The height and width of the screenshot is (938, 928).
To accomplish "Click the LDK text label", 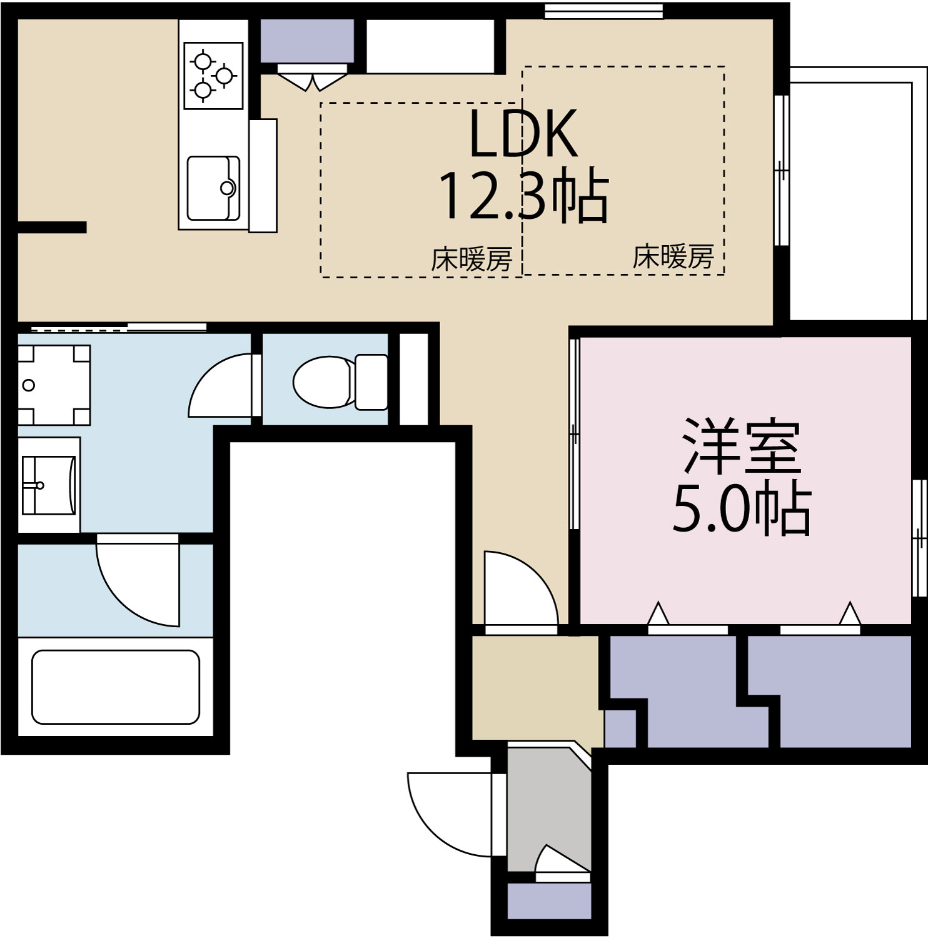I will [x=523, y=134].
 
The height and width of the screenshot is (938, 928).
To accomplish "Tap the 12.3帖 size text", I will [x=523, y=196].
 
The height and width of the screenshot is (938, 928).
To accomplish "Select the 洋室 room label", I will [x=742, y=446].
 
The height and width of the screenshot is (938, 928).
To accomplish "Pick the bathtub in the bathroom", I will [x=116, y=687].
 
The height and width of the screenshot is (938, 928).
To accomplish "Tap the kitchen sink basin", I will [x=213, y=188].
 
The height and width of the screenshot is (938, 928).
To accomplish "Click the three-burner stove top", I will [x=213, y=76].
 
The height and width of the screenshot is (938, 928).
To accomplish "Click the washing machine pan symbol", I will [x=54, y=385].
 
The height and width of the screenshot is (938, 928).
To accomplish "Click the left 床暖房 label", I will [x=472, y=259].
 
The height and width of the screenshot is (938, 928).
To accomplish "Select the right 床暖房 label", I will [x=673, y=256].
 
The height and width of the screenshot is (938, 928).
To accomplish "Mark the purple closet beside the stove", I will [x=306, y=41].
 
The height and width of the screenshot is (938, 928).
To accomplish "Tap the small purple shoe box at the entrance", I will [x=548, y=901].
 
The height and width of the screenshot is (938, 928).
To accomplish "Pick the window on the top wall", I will [x=603, y=11].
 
